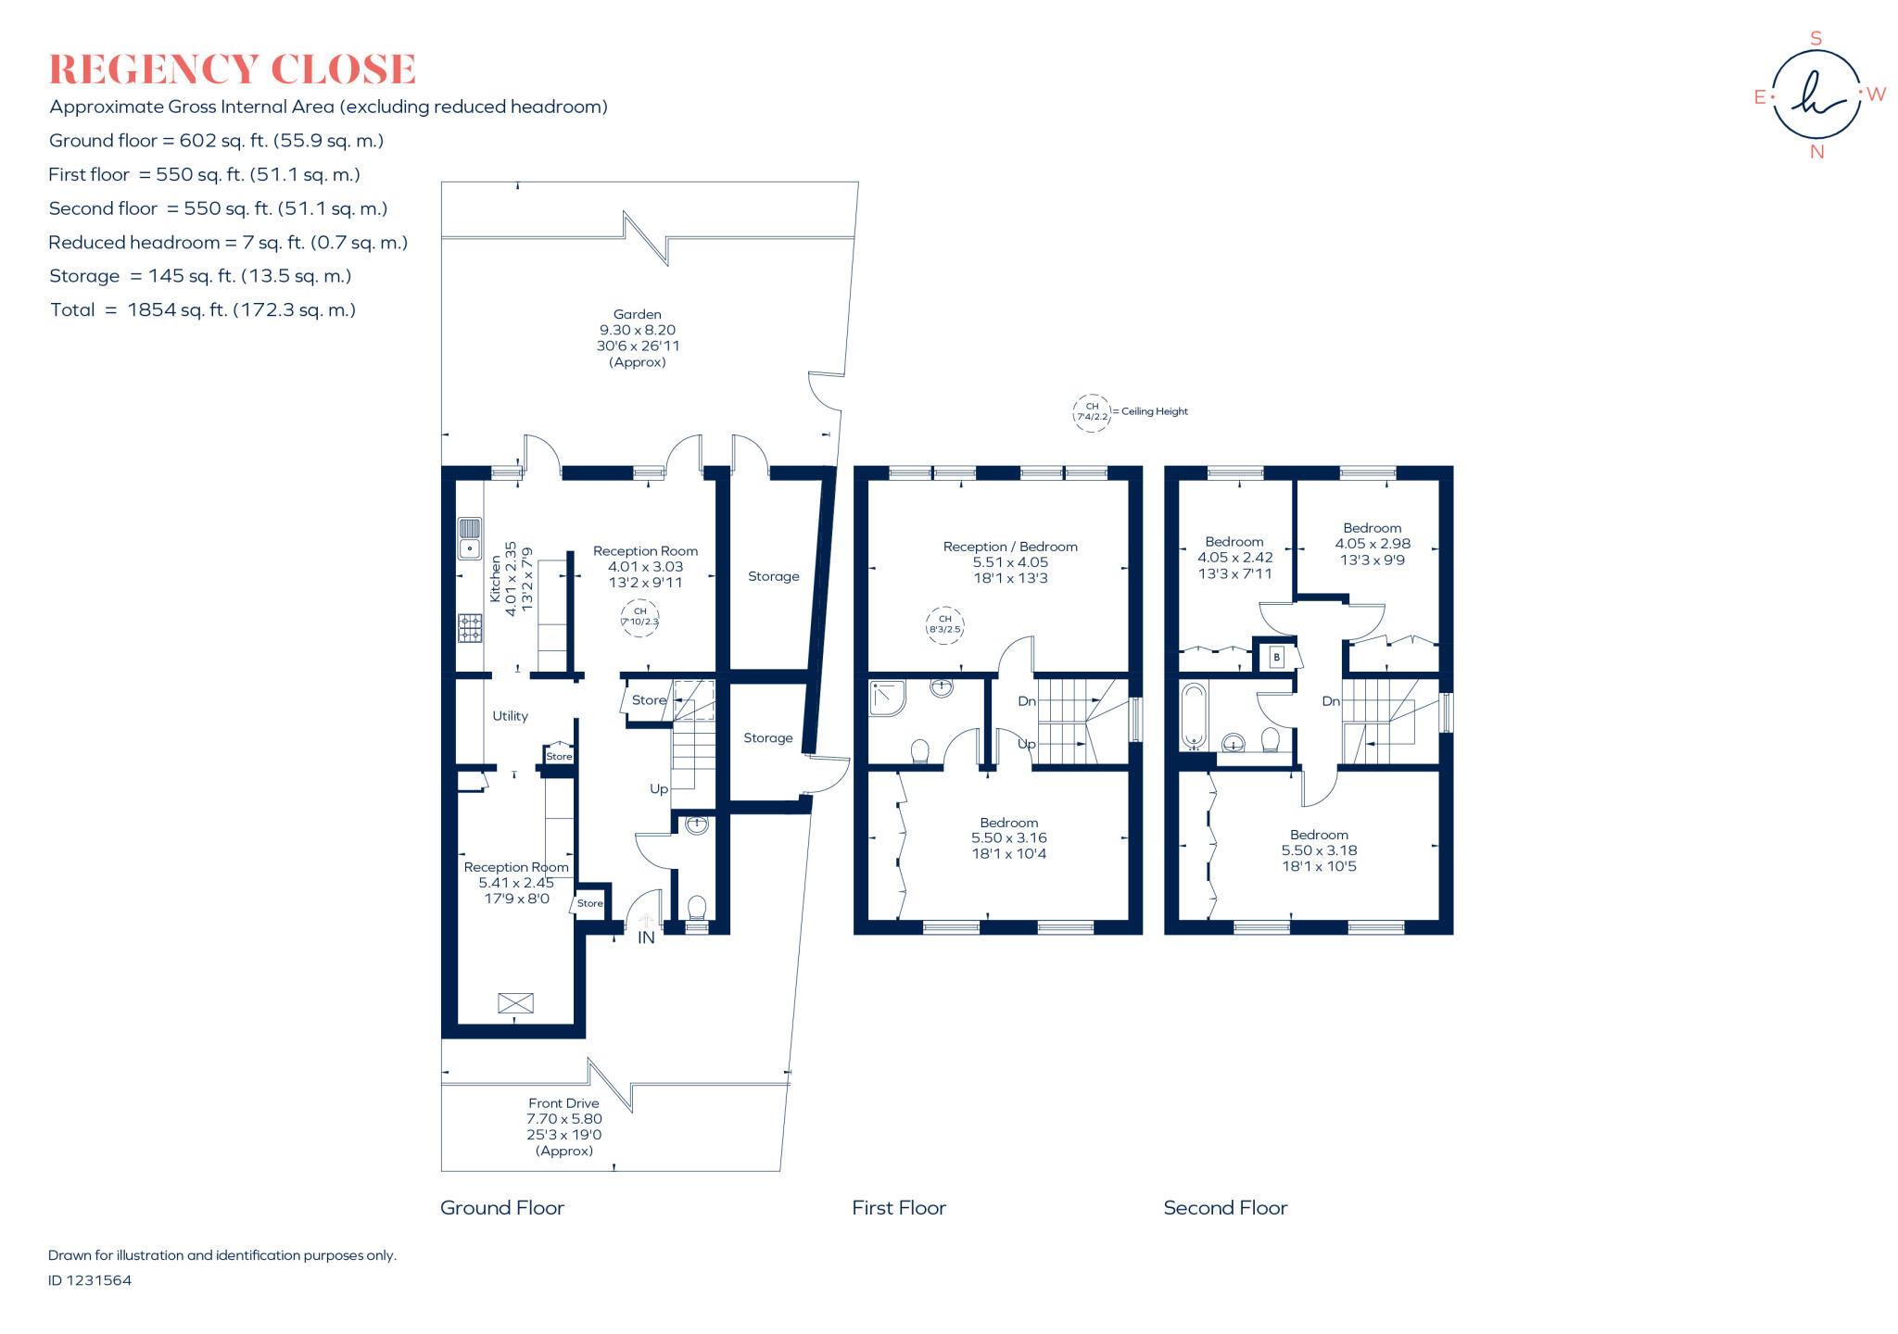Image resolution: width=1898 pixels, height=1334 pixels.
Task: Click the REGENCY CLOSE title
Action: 232,69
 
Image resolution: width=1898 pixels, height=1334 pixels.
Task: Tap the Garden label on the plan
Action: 637,315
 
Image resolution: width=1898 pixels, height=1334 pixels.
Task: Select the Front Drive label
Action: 563,1103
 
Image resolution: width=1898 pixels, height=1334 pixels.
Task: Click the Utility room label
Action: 510,716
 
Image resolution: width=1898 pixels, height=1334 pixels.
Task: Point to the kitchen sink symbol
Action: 470,538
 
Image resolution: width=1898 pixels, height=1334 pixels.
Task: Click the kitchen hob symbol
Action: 470,628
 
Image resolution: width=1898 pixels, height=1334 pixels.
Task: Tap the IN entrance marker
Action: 646,938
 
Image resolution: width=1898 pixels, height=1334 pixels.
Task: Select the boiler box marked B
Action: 1276,657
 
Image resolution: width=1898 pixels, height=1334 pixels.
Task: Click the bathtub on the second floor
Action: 1193,716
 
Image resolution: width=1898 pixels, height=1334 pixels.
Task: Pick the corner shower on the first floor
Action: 887,698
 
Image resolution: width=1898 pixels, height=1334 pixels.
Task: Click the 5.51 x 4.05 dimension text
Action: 1010,562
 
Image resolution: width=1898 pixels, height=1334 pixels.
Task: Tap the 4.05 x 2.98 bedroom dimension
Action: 1373,544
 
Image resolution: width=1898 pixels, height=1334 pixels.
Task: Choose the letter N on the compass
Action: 1816,152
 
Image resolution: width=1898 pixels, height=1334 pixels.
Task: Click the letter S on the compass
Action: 1816,39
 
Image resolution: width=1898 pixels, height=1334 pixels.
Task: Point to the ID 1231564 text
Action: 90,1280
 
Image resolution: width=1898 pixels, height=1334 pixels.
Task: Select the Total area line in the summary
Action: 203,310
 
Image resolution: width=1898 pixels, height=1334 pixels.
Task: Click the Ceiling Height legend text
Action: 1154,411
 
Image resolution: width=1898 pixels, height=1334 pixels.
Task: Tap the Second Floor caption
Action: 1225,1208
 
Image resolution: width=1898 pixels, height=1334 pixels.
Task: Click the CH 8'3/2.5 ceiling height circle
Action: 944,624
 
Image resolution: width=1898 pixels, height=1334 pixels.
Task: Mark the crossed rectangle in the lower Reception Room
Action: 516,1002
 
